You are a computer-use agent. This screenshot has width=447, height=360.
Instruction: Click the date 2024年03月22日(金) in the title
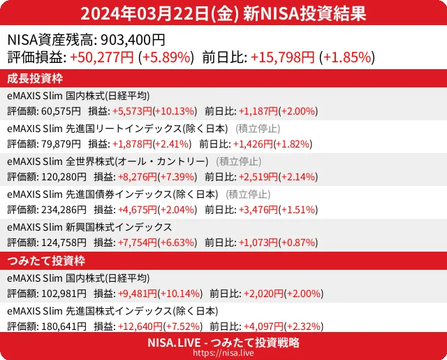(159, 13)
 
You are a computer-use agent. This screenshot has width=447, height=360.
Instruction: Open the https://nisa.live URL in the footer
(223, 353)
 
